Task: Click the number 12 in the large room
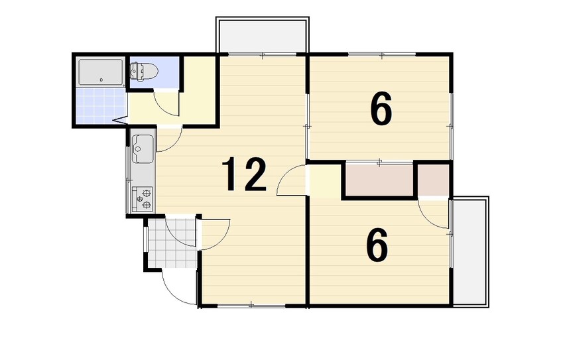(245, 174)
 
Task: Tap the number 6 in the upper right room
(381, 109)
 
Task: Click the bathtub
(101, 72)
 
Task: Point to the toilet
(143, 71)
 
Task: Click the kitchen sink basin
(143, 149)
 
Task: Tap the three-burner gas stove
(142, 198)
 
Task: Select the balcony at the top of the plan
(262, 35)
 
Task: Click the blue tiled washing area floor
(101, 105)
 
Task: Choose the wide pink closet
(379, 180)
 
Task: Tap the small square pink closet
(433, 180)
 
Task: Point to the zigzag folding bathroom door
(121, 120)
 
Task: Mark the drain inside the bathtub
(101, 80)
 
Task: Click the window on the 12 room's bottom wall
(251, 305)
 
